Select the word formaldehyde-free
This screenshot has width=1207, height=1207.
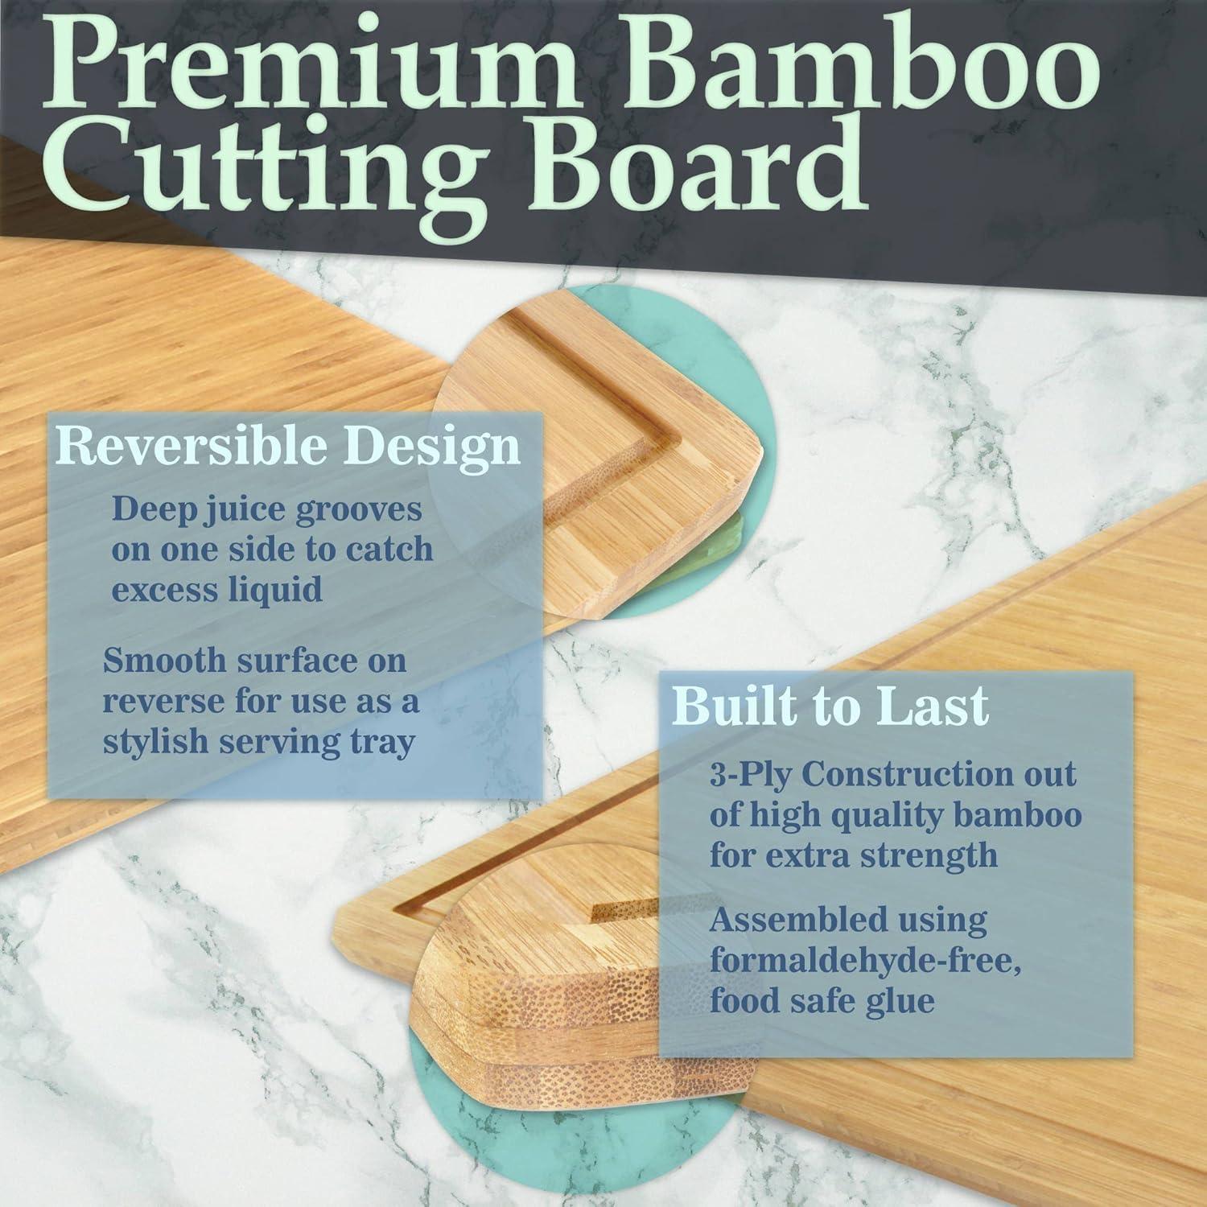click(x=866, y=961)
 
